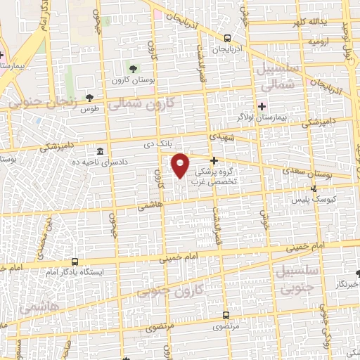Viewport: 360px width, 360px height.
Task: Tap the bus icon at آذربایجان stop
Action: [x=227, y=39]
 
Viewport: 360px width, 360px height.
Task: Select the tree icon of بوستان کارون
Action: [x=134, y=67]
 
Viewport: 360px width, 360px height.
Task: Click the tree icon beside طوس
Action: [x=89, y=98]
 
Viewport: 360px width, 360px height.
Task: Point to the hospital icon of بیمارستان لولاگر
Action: [x=262, y=106]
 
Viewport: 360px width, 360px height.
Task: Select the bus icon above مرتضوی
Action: [x=226, y=315]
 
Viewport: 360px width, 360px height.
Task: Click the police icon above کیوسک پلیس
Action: [x=314, y=188]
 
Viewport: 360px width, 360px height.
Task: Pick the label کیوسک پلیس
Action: [x=311, y=200]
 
